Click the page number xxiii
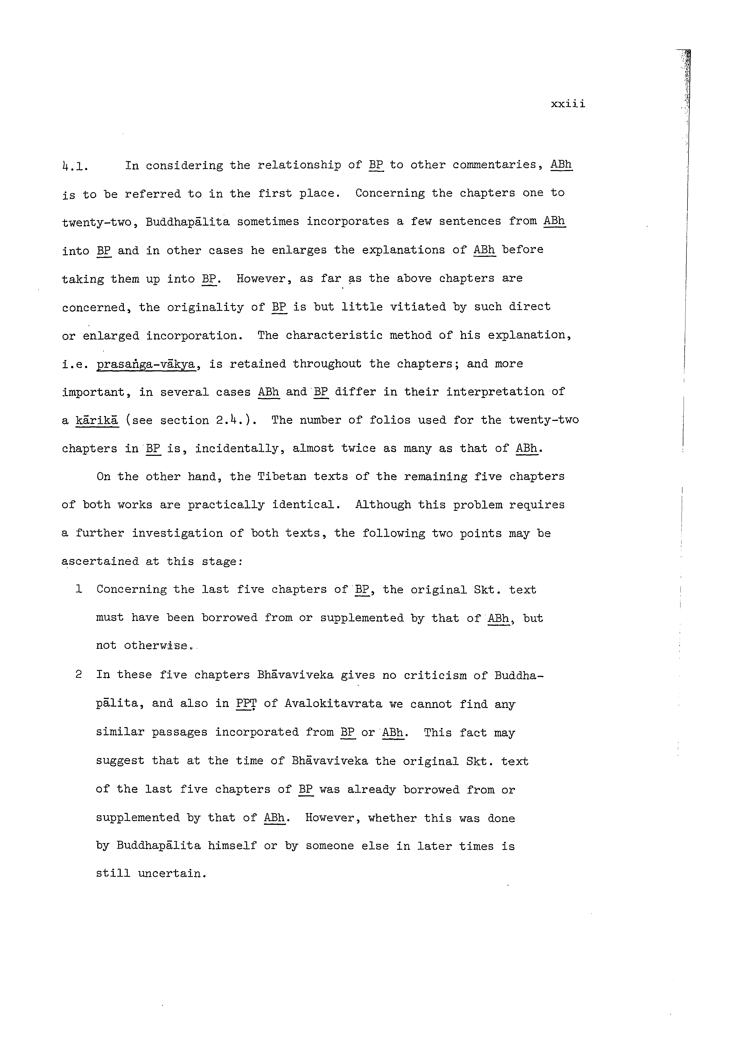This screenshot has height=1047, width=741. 568,104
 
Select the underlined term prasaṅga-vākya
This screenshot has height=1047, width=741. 146,364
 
